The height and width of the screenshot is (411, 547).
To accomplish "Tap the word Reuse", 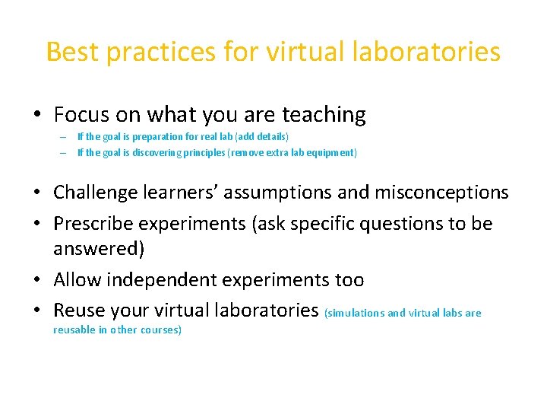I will [x=79, y=311].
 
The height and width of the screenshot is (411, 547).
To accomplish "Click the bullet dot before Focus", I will [x=36, y=116].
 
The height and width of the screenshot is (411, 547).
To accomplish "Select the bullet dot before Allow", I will [x=36, y=281].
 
